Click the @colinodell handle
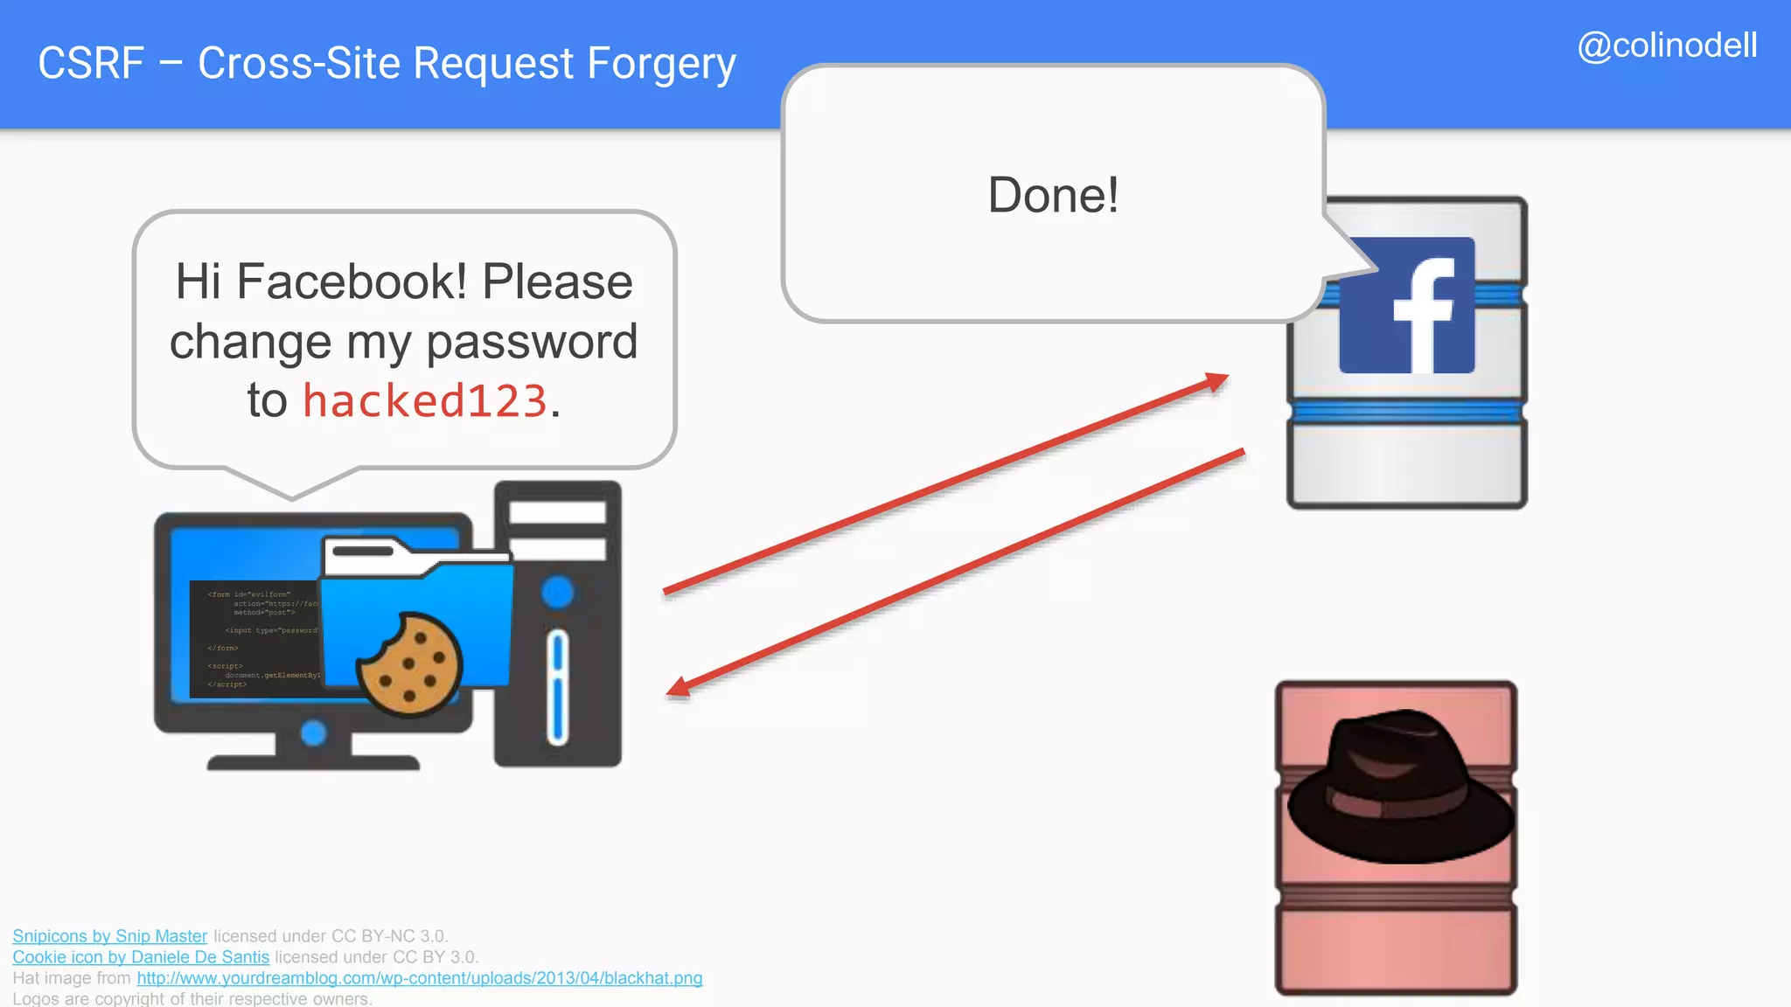click(1667, 45)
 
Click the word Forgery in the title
click(661, 64)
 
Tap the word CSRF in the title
click(91, 64)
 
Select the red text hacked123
click(425, 401)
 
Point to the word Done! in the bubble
click(1053, 195)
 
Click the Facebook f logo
click(1406, 305)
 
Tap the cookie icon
click(409, 663)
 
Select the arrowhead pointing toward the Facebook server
click(1217, 381)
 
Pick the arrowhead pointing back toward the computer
click(679, 689)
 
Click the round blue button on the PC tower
click(557, 592)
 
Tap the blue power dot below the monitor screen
click(313, 733)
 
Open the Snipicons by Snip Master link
click(109, 936)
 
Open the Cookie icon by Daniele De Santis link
click(141, 957)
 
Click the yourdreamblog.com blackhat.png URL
click(419, 978)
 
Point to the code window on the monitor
click(254, 639)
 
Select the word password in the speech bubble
click(532, 341)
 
